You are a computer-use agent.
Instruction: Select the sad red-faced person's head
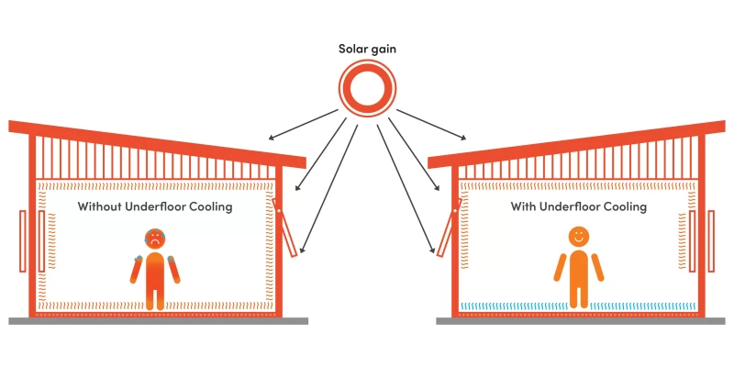click(155, 239)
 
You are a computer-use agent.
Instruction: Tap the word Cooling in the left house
click(209, 206)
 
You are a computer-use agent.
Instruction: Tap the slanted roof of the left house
click(156, 139)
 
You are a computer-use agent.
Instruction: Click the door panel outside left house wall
click(21, 240)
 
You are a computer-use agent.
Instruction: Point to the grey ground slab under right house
click(578, 321)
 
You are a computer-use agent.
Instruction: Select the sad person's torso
click(155, 272)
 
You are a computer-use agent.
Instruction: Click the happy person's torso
click(578, 271)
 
